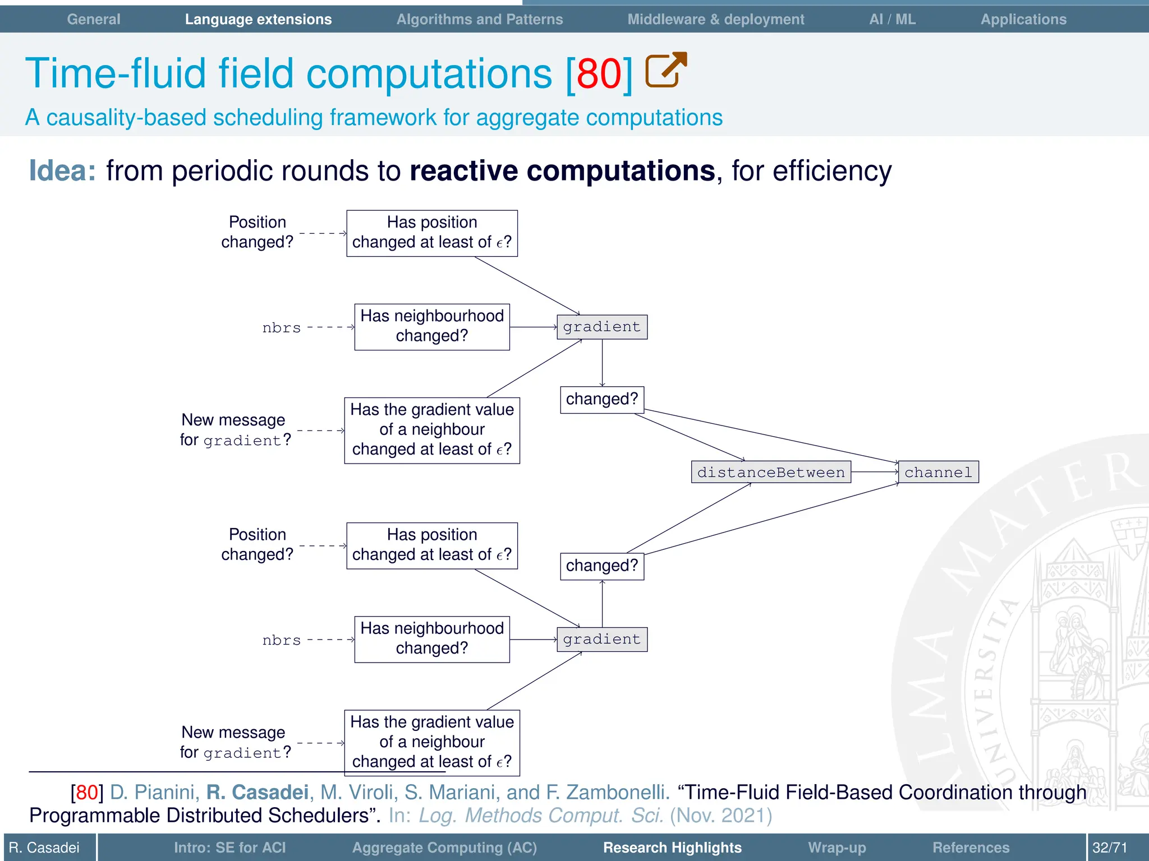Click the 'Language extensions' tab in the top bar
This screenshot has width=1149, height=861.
(258, 19)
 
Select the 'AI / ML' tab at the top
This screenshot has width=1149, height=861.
(892, 19)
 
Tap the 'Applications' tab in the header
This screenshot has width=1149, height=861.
(1023, 19)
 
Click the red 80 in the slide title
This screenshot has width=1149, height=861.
(599, 73)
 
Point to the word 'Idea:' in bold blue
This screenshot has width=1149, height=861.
(62, 170)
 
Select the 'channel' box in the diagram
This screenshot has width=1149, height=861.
(938, 472)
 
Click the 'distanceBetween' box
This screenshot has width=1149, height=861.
(771, 472)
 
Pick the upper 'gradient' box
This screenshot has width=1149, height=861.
(601, 327)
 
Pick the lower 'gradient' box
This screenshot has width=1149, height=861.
(601, 639)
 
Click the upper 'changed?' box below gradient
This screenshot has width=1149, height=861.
(601, 399)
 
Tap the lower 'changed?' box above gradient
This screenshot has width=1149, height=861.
(601, 566)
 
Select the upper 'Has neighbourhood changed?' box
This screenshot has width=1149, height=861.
(432, 326)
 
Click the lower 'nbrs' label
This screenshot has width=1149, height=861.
(282, 640)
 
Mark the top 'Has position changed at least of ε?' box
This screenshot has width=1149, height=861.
(432, 233)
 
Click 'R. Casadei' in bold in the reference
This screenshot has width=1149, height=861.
(257, 792)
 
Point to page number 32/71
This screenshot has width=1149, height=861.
(1109, 847)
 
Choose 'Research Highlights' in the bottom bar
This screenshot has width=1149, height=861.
(672, 847)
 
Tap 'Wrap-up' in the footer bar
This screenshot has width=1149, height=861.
(837, 847)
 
